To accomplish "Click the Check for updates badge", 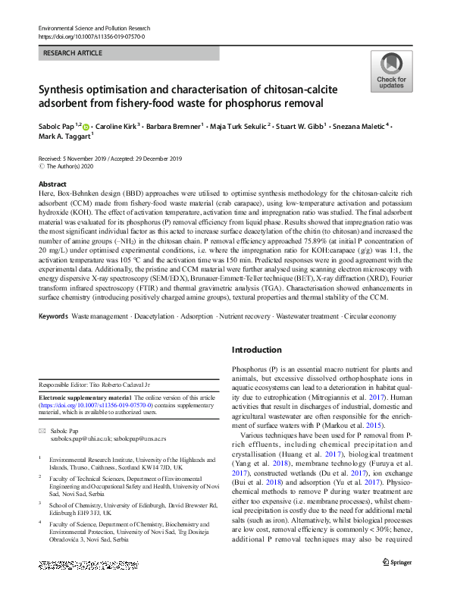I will coord(391,73).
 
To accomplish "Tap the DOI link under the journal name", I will coord(91,36).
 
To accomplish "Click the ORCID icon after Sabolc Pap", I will coord(86,127).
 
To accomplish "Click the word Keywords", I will coord(56,314).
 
